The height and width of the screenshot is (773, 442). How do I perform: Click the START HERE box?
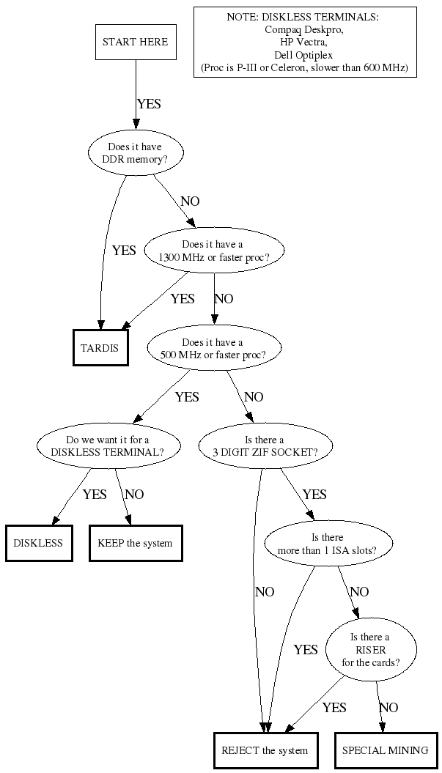point(135,42)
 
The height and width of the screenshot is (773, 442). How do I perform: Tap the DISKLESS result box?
point(38,543)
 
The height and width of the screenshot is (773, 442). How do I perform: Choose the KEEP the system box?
point(135,543)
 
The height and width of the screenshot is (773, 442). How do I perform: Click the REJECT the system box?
point(265,750)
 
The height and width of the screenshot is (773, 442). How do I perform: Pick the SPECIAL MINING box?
point(386,750)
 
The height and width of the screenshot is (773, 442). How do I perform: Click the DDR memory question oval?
point(135,152)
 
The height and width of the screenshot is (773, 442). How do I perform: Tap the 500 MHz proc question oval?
point(213,348)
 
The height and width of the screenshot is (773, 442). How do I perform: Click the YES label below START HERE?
point(149,104)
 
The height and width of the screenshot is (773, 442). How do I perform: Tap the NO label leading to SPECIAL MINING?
point(388,708)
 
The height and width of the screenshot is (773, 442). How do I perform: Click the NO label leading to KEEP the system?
point(134,494)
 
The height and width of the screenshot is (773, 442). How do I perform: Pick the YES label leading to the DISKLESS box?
point(95,494)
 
